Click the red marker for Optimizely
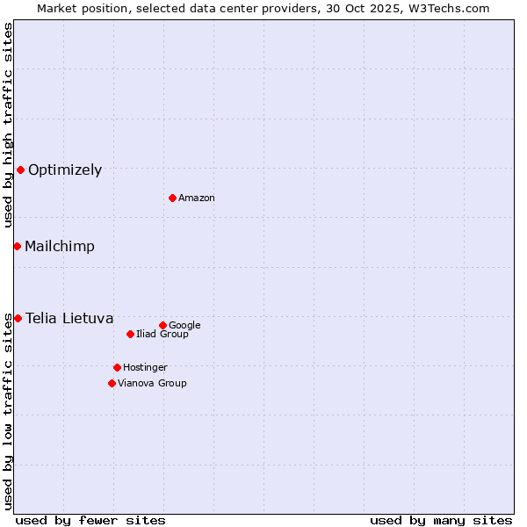click(20, 170)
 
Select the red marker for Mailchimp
click(17, 246)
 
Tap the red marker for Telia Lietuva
click(18, 318)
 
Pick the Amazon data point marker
click(172, 198)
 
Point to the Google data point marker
click(162, 325)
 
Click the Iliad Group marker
click(130, 334)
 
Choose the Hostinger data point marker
click(117, 367)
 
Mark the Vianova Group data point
click(112, 383)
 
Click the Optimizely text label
click(65, 170)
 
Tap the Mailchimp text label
click(60, 247)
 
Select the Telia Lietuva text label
click(69, 319)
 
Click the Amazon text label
click(197, 199)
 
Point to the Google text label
click(184, 326)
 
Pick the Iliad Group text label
click(162, 335)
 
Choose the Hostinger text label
click(145, 368)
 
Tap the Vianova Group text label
click(152, 384)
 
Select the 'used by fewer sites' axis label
click(90, 521)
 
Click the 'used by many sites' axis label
click(441, 521)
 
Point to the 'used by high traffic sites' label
click(8, 125)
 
